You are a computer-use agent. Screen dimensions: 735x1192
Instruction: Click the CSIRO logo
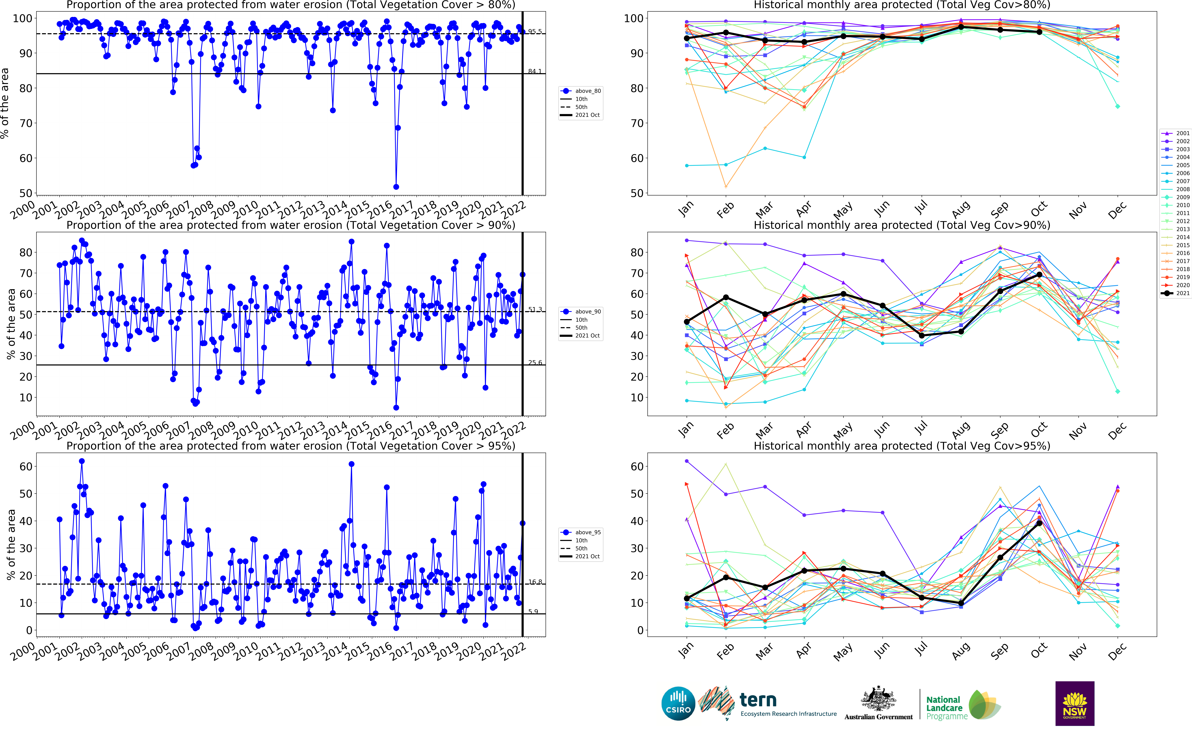tap(678, 703)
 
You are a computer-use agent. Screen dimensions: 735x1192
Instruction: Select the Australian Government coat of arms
tap(878, 700)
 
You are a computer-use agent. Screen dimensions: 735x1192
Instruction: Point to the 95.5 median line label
tap(535, 32)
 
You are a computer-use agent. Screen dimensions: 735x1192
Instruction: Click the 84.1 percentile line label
tap(535, 72)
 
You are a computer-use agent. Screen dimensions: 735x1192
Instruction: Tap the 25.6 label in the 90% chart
tap(535, 363)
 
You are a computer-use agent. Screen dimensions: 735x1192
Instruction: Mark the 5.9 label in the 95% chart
tap(533, 612)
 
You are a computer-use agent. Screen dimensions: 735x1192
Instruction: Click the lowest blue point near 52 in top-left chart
tap(396, 187)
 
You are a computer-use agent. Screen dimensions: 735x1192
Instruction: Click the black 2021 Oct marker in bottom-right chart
tap(1039, 523)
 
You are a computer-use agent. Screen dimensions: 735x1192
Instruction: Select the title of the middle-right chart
tap(902, 225)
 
